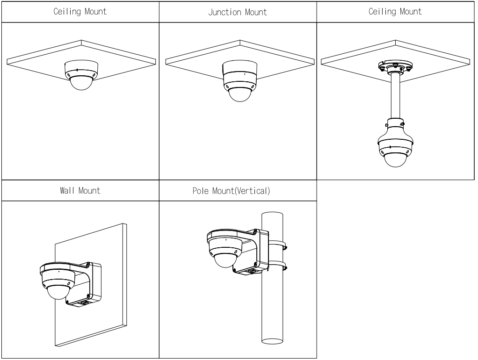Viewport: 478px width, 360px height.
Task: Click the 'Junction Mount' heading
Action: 238,12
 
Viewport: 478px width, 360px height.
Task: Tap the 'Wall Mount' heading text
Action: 80,191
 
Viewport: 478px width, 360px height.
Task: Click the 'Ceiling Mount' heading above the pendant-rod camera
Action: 395,11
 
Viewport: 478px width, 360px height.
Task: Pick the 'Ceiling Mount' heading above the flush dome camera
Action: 80,11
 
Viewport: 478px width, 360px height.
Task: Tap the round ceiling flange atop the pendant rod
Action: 396,66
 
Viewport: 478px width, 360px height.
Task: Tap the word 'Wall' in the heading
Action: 66,191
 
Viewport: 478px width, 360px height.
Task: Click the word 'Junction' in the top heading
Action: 226,12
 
